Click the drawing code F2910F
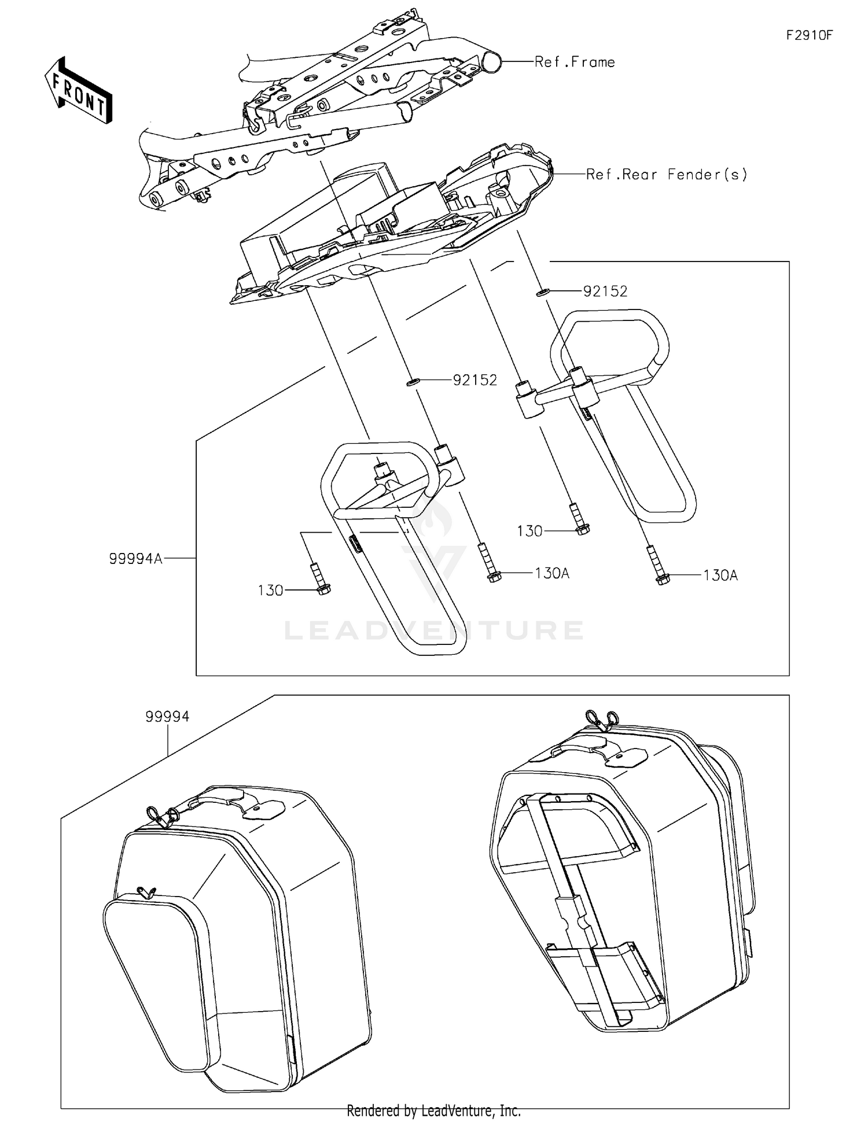809,35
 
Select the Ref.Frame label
574,62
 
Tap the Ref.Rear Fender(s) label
667,174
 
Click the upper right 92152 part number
605,292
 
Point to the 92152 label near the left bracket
475,380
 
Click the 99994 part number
167,717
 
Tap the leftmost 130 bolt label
270,591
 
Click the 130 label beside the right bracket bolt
529,531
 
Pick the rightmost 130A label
720,576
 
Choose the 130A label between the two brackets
551,573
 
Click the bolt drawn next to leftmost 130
319,580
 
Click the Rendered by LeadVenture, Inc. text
433,1110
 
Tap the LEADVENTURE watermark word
433,630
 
